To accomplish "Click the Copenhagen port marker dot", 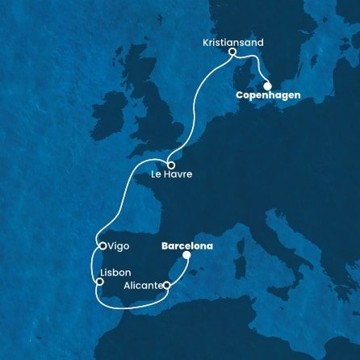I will (267, 85).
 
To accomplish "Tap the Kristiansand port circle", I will (232, 53).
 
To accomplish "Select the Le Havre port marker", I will (171, 165).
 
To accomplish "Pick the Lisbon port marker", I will (99, 282).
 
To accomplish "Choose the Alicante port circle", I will (166, 285).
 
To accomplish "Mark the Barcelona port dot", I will (187, 255).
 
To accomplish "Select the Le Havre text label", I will (171, 177).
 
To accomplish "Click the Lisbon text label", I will (113, 272).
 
